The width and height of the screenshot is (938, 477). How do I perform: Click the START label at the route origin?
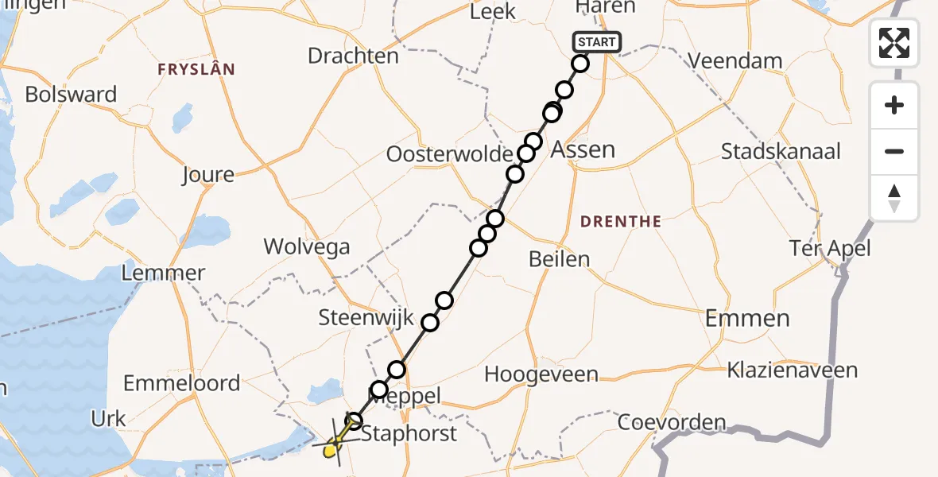(596, 42)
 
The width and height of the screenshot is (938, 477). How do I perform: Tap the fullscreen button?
(894, 42)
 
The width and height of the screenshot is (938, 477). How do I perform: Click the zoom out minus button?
(894, 151)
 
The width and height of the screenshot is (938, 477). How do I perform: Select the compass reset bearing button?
(894, 198)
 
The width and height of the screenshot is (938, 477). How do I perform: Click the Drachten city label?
(353, 56)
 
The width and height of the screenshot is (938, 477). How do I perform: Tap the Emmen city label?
(747, 319)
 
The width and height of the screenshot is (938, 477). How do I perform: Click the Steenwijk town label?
(366, 318)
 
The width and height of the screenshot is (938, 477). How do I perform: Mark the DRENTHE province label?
(621, 221)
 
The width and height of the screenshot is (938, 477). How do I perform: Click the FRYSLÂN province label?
(196, 69)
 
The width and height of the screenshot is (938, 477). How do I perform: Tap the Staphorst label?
(409, 433)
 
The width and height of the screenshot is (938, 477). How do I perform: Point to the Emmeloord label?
(181, 383)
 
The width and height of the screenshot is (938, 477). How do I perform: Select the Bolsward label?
(71, 94)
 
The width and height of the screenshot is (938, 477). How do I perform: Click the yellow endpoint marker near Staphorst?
(330, 451)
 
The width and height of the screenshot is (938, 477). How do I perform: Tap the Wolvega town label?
(307, 246)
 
